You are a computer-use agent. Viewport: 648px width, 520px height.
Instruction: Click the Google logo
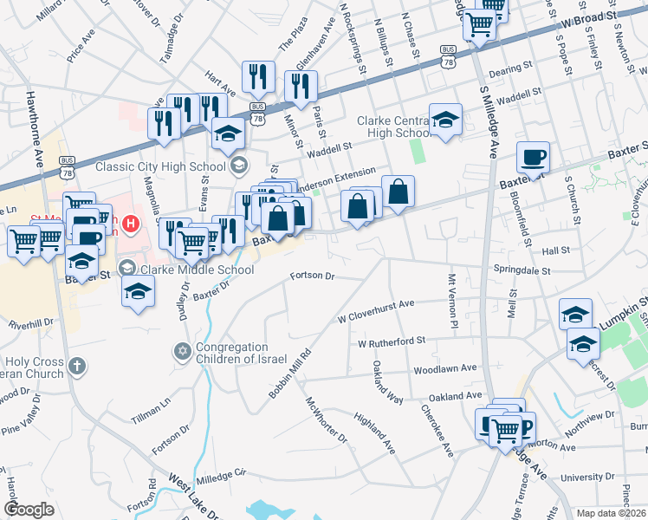[29, 510]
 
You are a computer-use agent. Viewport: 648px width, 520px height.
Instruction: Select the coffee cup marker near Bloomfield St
[534, 159]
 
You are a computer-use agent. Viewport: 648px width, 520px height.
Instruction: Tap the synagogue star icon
[182, 351]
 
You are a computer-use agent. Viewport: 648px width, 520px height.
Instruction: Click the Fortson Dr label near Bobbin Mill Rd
[312, 276]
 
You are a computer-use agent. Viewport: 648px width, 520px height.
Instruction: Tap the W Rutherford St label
[392, 342]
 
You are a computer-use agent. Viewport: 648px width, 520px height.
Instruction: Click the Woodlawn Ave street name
[445, 368]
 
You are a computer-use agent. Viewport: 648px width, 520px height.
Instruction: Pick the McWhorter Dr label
[326, 421]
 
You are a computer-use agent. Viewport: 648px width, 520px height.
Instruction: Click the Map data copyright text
[612, 513]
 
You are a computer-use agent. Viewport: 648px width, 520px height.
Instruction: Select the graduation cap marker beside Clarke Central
[446, 120]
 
